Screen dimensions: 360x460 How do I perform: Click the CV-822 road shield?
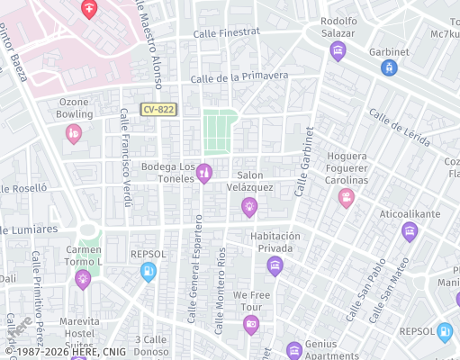pyautogui.click(x=158, y=109)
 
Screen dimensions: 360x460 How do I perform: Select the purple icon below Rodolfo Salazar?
pyautogui.click(x=338, y=50)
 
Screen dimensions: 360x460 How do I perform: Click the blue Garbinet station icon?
pyautogui.click(x=389, y=67)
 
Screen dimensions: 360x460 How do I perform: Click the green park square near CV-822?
pyautogui.click(x=219, y=130)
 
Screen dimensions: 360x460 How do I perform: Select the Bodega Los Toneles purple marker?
pyautogui.click(x=204, y=172)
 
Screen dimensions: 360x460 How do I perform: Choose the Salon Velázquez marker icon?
pyautogui.click(x=249, y=208)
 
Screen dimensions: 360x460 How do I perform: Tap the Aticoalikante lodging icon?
pyautogui.click(x=410, y=232)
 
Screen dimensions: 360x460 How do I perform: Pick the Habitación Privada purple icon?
pyautogui.click(x=275, y=265)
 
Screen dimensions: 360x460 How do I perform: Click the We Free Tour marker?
pyautogui.click(x=251, y=323)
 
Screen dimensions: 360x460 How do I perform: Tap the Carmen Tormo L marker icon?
pyautogui.click(x=83, y=278)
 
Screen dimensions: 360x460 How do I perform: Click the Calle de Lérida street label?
pyautogui.click(x=399, y=127)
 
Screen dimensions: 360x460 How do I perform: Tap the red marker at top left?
pyautogui.click(x=89, y=9)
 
